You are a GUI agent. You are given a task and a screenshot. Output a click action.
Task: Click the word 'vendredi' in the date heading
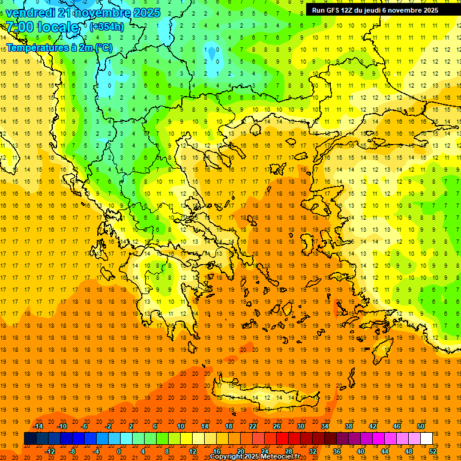click(30, 13)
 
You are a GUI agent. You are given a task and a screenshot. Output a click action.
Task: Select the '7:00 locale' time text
click(42, 27)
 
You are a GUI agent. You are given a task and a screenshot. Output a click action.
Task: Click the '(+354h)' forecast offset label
click(107, 26)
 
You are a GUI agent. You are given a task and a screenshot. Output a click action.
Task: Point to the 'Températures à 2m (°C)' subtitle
click(59, 47)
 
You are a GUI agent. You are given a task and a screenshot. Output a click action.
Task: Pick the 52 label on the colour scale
click(433, 451)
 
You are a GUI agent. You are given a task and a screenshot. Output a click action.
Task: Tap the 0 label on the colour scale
click(119, 451)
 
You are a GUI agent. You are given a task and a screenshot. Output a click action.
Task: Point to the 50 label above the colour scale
click(420, 426)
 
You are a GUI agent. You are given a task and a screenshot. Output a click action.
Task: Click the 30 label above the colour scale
click(300, 426)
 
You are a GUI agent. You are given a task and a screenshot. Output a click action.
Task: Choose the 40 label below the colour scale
click(361, 451)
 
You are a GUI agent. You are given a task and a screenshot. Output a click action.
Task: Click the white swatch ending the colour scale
click(426, 439)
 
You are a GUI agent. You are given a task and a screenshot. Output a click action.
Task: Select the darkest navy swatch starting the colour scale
click(30, 439)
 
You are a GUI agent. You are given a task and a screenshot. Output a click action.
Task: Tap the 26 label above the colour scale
click(276, 426)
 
